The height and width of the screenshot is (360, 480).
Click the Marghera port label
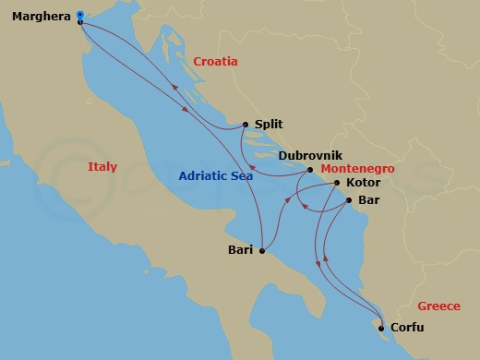[40, 16]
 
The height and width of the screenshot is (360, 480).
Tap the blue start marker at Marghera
[80, 15]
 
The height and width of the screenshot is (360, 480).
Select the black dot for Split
[245, 125]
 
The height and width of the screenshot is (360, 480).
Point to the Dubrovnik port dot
[309, 170]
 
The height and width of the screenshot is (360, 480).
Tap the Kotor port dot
[335, 184]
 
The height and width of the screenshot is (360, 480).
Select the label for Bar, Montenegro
[367, 200]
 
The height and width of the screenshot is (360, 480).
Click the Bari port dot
[263, 249]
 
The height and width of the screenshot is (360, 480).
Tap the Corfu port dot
[380, 326]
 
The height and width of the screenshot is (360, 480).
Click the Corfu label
[408, 327]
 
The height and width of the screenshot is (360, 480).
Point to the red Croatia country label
[216, 62]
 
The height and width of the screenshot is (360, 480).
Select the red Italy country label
[102, 167]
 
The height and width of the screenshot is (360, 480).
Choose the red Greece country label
[438, 306]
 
